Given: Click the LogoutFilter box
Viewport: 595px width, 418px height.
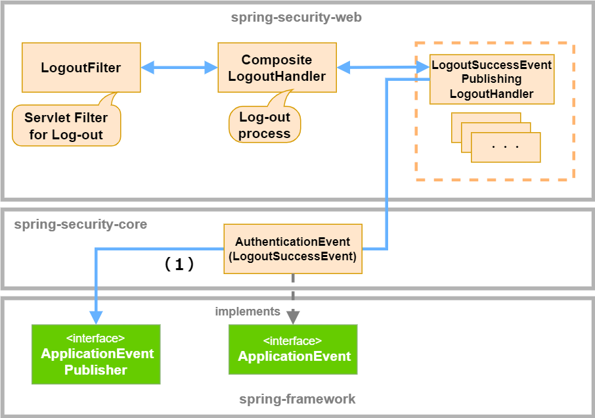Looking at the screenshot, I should pos(81,68).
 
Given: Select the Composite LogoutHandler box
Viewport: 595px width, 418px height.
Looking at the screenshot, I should pos(276,68).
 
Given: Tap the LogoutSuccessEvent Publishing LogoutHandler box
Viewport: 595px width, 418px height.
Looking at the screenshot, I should pos(492,79).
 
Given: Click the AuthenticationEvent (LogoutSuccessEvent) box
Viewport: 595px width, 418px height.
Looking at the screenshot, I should pos(292,249).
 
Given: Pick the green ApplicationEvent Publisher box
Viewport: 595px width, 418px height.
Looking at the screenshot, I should pos(96,354).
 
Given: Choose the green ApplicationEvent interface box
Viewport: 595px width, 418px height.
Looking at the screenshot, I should pos(293,349).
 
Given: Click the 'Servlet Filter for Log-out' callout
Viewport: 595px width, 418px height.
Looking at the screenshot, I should pos(66,126).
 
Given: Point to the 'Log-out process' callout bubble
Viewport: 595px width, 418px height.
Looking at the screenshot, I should pos(265,125).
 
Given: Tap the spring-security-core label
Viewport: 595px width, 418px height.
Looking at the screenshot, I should pos(80,225).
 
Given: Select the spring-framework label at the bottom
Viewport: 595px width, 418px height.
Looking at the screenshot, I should pos(297,399).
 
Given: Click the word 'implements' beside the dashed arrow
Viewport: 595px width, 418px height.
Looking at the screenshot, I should pos(248,312).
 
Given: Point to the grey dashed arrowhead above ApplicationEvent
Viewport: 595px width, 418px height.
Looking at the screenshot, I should pos(293,317).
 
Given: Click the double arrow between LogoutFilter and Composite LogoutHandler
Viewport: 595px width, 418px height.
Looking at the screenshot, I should pos(179,67).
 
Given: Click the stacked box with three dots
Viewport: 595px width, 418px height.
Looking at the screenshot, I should pos(506,147).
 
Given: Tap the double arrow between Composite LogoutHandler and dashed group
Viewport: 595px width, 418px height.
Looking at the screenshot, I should pos(376,66).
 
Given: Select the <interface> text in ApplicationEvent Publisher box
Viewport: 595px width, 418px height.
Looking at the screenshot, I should pos(96,338).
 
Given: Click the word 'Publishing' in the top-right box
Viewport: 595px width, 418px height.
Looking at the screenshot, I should pos(492,79).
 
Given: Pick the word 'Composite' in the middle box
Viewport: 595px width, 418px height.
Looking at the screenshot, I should pos(276,60).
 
